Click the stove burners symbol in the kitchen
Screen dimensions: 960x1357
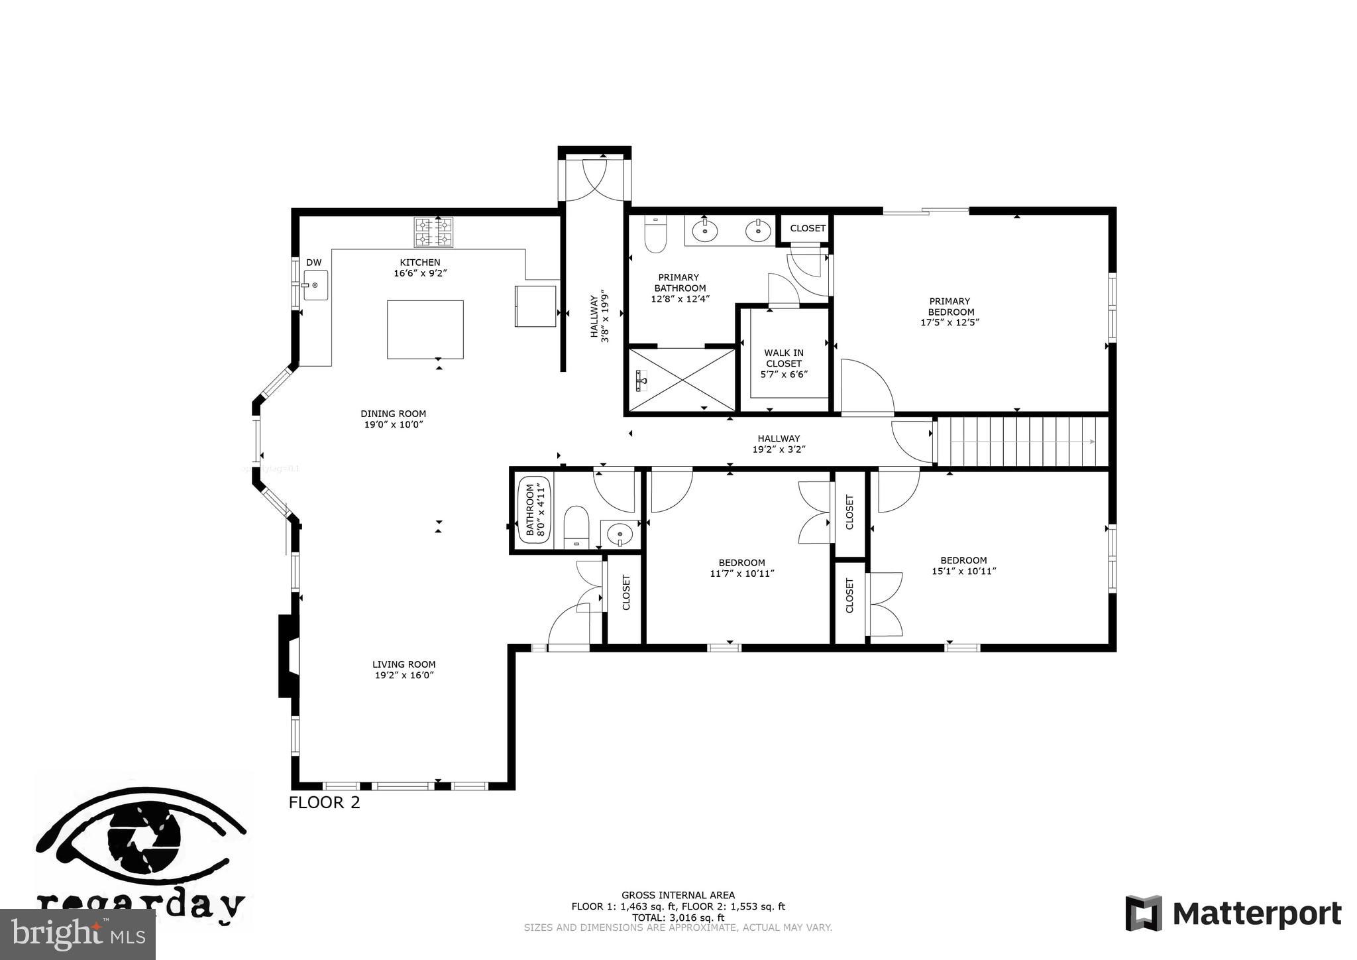pos(433,232)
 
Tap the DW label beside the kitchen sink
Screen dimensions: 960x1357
pos(313,263)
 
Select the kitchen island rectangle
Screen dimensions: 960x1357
pos(425,330)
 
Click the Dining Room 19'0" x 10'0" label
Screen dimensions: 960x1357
pos(393,419)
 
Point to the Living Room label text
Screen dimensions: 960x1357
pos(404,664)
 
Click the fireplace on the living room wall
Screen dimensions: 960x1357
pos(289,656)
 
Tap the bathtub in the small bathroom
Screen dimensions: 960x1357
pos(534,510)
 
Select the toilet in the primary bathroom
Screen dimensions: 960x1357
pos(655,235)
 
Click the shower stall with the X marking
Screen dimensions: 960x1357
pos(681,380)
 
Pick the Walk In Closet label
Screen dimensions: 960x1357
pos(784,363)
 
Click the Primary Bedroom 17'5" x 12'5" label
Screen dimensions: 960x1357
pos(950,312)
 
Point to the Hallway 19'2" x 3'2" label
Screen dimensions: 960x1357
pos(779,444)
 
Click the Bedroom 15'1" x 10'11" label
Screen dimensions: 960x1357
pos(963,566)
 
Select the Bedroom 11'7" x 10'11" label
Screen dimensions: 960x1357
pos(741,568)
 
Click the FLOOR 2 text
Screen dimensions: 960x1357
pos(324,802)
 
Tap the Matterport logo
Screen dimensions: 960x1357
pos(1234,914)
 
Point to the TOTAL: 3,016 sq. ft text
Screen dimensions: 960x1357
pos(678,918)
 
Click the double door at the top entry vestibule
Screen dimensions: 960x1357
pos(594,179)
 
